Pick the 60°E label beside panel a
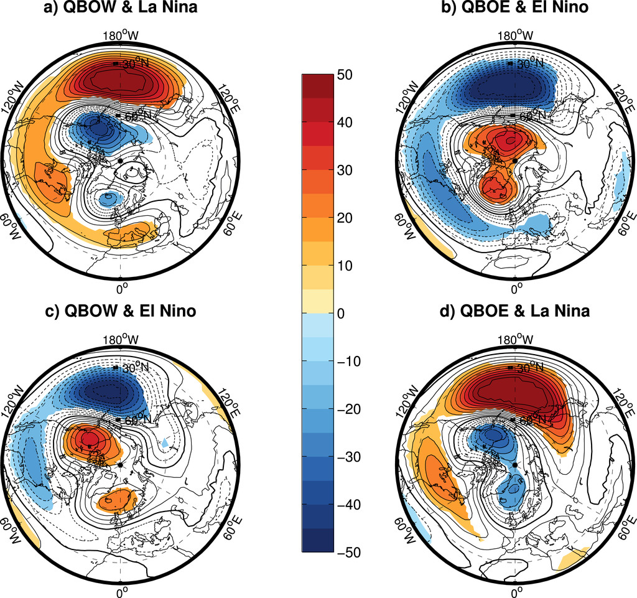pos(229,222)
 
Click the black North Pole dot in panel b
pos(514,161)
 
